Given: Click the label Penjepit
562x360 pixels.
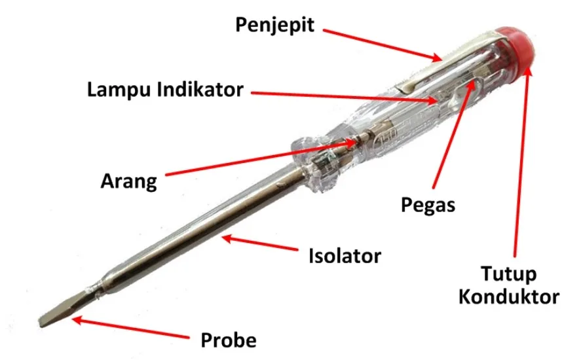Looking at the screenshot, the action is pos(275,26).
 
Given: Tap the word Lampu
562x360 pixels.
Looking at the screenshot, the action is pos(119,90).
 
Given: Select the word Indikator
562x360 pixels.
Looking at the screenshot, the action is pos(200,89).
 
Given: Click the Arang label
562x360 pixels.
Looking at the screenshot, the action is pos(128,181).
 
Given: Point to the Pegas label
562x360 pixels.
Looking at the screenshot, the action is pos(428,206).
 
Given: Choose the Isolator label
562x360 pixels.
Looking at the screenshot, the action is pos(345,256).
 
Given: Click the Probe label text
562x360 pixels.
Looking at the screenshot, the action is pos(229,340).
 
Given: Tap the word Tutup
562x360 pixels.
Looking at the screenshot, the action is pos(508,274).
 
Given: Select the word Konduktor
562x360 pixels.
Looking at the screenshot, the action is pos(509,297).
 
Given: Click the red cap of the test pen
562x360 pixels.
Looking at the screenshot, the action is pos(516,46).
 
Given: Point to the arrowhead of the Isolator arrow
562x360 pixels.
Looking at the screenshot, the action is pos(227,238).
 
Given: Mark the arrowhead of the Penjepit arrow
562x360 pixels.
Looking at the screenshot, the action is pos(437,58).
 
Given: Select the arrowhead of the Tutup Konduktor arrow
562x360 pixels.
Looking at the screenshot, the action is pos(528,69).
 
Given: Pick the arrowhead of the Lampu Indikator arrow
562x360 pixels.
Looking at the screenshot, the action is pos(433,101).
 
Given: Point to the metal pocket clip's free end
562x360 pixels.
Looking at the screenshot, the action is pos(403,88).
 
